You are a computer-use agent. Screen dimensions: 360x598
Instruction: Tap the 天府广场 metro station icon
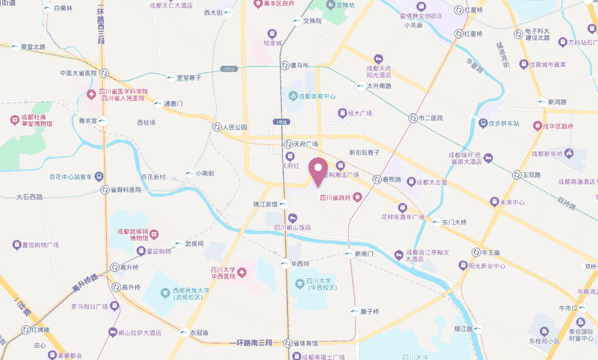(x=288, y=144)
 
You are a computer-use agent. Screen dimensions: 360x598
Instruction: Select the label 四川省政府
(x=335, y=197)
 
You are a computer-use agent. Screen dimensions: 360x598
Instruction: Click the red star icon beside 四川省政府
(x=357, y=197)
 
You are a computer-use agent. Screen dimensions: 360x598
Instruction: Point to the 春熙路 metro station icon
(x=377, y=179)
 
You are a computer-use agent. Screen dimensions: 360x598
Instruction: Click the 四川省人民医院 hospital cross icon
(x=91, y=94)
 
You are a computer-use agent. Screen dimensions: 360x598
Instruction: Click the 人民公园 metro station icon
(x=215, y=127)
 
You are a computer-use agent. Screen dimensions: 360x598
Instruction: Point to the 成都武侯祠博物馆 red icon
(x=154, y=233)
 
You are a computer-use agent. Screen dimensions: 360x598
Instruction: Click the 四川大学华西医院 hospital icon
(x=242, y=273)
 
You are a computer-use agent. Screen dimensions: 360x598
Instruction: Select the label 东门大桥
(x=454, y=222)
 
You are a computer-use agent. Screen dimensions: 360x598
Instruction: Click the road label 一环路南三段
(x=251, y=343)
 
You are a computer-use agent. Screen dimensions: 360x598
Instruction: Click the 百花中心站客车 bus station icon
(x=99, y=177)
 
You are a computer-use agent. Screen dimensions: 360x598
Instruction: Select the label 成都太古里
(x=432, y=182)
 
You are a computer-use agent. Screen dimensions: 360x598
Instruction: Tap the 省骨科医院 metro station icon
(x=105, y=190)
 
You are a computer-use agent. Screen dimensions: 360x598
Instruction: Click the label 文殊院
(x=312, y=21)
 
